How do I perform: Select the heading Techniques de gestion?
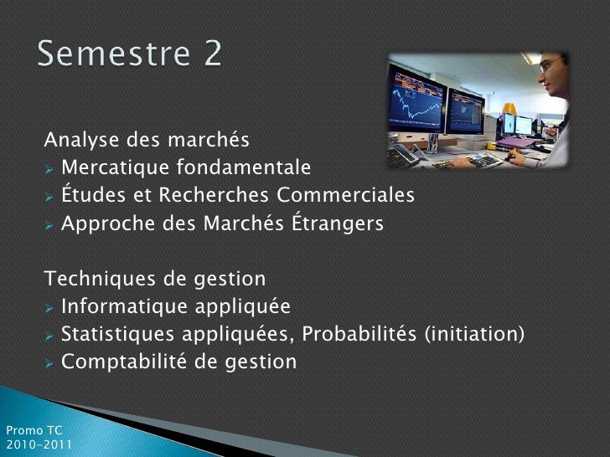[x=155, y=279]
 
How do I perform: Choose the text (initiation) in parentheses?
[x=474, y=334]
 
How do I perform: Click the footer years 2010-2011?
[x=39, y=444]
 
